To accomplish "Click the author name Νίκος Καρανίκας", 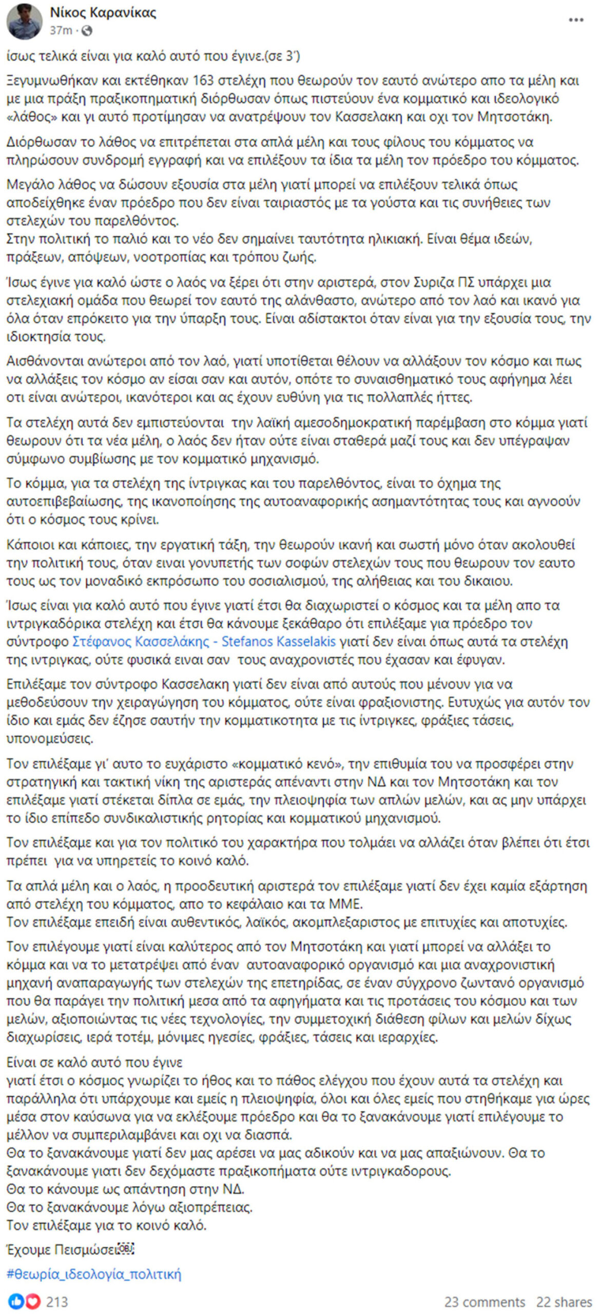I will (103, 13).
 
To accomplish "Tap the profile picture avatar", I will (24, 22).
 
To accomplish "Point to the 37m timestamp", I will (61, 31).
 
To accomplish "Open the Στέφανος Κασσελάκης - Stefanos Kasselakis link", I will (204, 642).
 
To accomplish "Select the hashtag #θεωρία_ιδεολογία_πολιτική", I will (94, 1274).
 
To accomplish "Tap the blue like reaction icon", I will (16, 1302).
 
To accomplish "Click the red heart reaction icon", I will (32, 1302).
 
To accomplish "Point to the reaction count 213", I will (57, 1302).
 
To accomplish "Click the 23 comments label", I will (484, 1302).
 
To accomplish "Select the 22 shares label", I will (564, 1302).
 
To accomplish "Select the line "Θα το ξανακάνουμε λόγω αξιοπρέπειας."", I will (129, 1207).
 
